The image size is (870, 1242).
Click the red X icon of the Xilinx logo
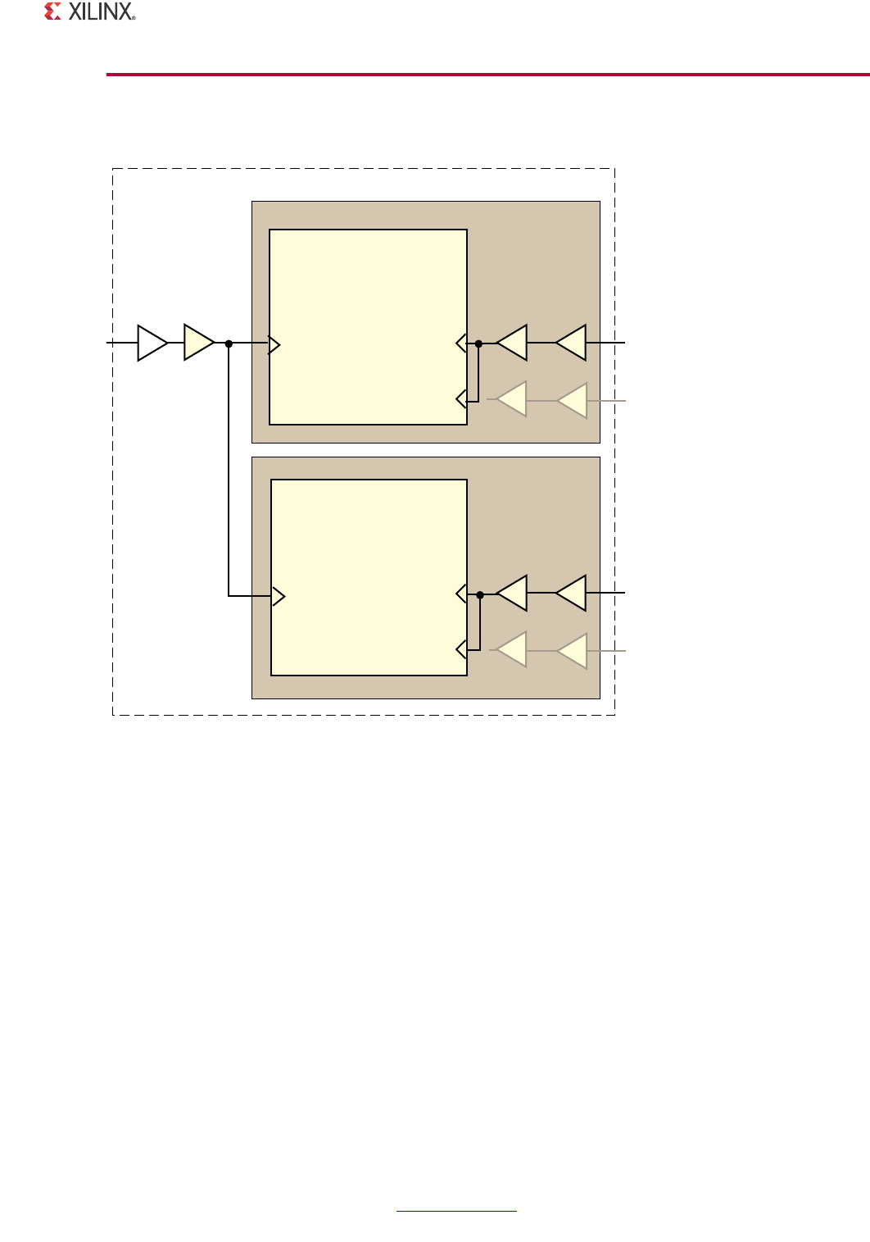pyautogui.click(x=53, y=11)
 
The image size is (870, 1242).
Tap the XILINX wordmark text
pyautogui.click(x=101, y=11)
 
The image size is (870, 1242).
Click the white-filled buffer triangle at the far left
pyautogui.click(x=151, y=343)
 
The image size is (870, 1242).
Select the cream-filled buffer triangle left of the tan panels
pyautogui.click(x=197, y=343)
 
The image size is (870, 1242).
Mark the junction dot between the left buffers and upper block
pyautogui.click(x=229, y=343)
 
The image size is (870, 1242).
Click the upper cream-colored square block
pyautogui.click(x=368, y=327)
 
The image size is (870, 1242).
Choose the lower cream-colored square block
pyautogui.click(x=369, y=577)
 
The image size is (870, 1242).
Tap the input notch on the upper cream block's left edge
pyautogui.click(x=274, y=345)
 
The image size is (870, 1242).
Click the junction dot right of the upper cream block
pyautogui.click(x=478, y=344)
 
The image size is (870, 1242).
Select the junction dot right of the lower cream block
pyautogui.click(x=480, y=594)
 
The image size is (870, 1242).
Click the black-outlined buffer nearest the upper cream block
pyautogui.click(x=514, y=343)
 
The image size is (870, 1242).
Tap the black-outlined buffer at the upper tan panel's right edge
pyautogui.click(x=573, y=343)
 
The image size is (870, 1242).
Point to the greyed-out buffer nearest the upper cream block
pyautogui.click(x=514, y=399)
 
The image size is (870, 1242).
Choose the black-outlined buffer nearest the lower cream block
pyautogui.click(x=514, y=593)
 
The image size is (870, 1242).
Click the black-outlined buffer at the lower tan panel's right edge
pyautogui.click(x=573, y=593)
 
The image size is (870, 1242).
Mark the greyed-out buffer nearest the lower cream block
pyautogui.click(x=514, y=650)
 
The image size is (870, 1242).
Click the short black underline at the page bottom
pyautogui.click(x=456, y=1211)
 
